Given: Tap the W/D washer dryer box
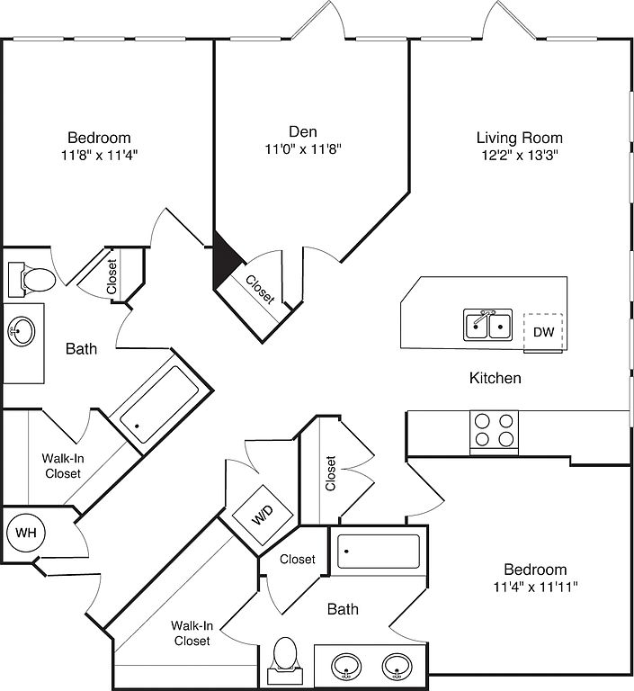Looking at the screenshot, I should point(261,517).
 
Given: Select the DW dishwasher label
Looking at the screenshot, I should point(543,332).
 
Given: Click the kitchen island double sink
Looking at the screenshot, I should point(488,324).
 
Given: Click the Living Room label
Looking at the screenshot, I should point(519,138).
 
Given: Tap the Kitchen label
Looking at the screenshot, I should point(496,378).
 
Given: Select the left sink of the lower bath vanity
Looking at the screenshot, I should point(346,668).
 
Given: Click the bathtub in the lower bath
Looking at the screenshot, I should point(379,551).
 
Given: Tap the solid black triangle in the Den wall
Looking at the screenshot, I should point(224,261).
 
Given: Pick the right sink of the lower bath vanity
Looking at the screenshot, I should point(397,668).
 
